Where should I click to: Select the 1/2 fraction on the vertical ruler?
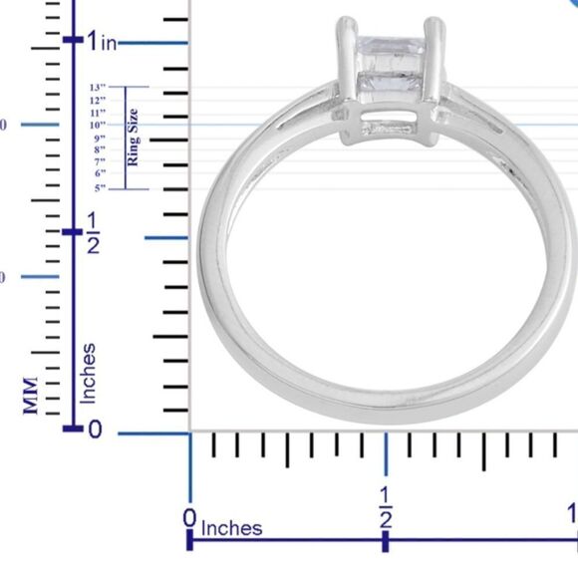tap(92, 232)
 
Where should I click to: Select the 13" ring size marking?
tap(98, 88)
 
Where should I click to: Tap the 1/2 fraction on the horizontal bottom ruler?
tap(385, 507)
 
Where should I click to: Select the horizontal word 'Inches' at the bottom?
tap(232, 528)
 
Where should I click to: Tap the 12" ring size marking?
tap(98, 101)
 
